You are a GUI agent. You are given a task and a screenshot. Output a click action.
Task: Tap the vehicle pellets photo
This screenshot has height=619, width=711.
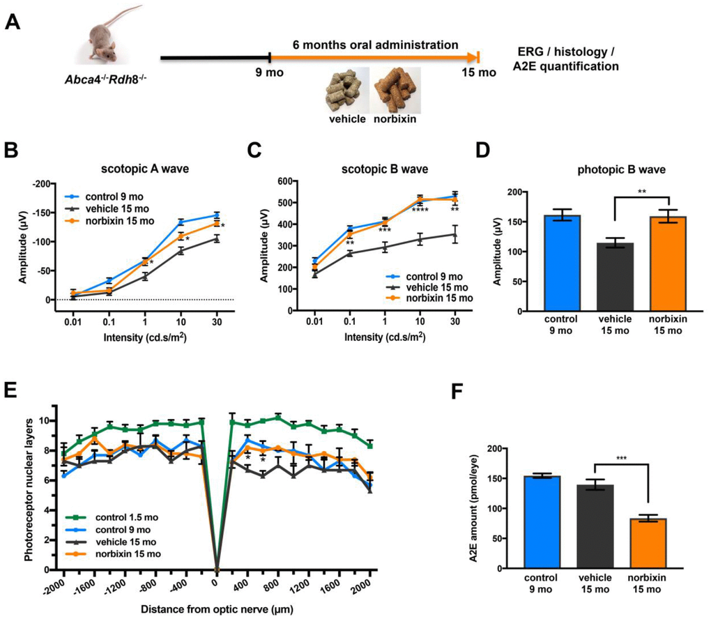[x=349, y=87]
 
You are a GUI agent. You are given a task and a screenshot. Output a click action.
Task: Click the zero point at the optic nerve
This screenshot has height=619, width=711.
[x=217, y=570]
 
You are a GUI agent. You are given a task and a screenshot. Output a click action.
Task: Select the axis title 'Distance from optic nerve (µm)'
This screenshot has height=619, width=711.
[x=217, y=609]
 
